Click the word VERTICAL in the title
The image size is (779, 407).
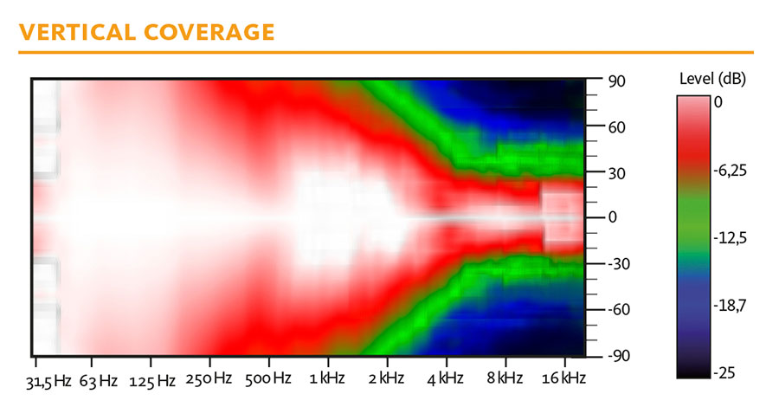point(76,32)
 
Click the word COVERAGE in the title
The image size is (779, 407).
point(209,32)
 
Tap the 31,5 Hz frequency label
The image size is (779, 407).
point(48,382)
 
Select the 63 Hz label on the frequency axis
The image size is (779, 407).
point(99,381)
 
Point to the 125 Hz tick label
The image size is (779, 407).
point(152,381)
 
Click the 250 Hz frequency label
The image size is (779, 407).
point(209,378)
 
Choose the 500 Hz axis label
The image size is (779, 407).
point(267,378)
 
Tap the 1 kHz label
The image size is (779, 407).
point(327,378)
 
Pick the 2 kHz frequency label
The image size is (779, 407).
point(386,378)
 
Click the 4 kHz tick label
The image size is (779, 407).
point(445,379)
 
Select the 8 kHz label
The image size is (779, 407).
point(505,378)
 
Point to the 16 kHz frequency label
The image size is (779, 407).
point(563,378)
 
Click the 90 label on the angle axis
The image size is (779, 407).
point(616,81)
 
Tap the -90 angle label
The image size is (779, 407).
point(619,356)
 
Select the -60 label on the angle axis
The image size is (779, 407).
point(619,310)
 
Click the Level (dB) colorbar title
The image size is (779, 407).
point(712,79)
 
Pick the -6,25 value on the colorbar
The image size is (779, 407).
point(730,171)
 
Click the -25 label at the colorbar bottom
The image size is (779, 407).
point(724,372)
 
